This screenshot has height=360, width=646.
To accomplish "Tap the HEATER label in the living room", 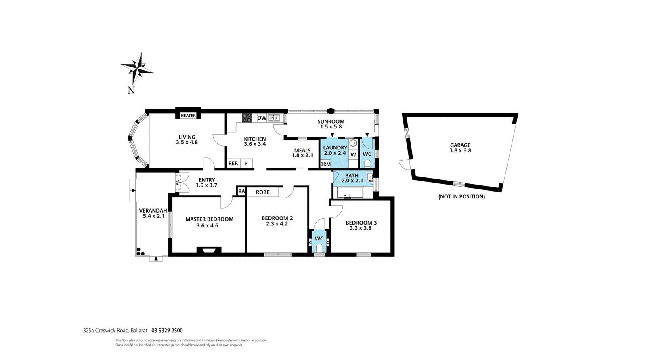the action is click(x=188, y=116).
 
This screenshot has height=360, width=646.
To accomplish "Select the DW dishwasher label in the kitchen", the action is click(x=262, y=118).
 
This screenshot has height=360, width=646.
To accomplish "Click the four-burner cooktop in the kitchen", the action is click(x=247, y=118).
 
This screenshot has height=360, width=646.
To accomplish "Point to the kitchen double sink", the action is click(x=273, y=118).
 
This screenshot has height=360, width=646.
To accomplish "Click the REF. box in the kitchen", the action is click(x=233, y=163).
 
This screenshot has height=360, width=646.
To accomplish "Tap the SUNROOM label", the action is click(x=331, y=122).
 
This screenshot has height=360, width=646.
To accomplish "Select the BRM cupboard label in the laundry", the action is click(x=325, y=164).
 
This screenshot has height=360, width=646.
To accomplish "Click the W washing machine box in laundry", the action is click(x=353, y=155).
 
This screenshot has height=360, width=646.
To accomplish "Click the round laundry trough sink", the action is click(x=353, y=143).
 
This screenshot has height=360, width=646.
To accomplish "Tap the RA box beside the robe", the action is click(x=241, y=191).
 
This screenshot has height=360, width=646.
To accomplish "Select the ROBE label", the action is click(x=263, y=192).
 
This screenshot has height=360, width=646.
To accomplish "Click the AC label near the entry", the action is click(x=177, y=182).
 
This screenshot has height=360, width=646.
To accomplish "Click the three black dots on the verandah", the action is click(x=140, y=251).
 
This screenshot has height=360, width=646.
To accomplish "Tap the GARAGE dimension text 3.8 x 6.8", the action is click(x=460, y=150).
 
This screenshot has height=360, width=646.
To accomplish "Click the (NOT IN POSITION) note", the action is click(x=462, y=197).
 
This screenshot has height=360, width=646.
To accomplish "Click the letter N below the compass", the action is click(x=131, y=91).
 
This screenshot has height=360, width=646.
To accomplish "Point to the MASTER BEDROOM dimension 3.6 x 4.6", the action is click(x=208, y=225).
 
